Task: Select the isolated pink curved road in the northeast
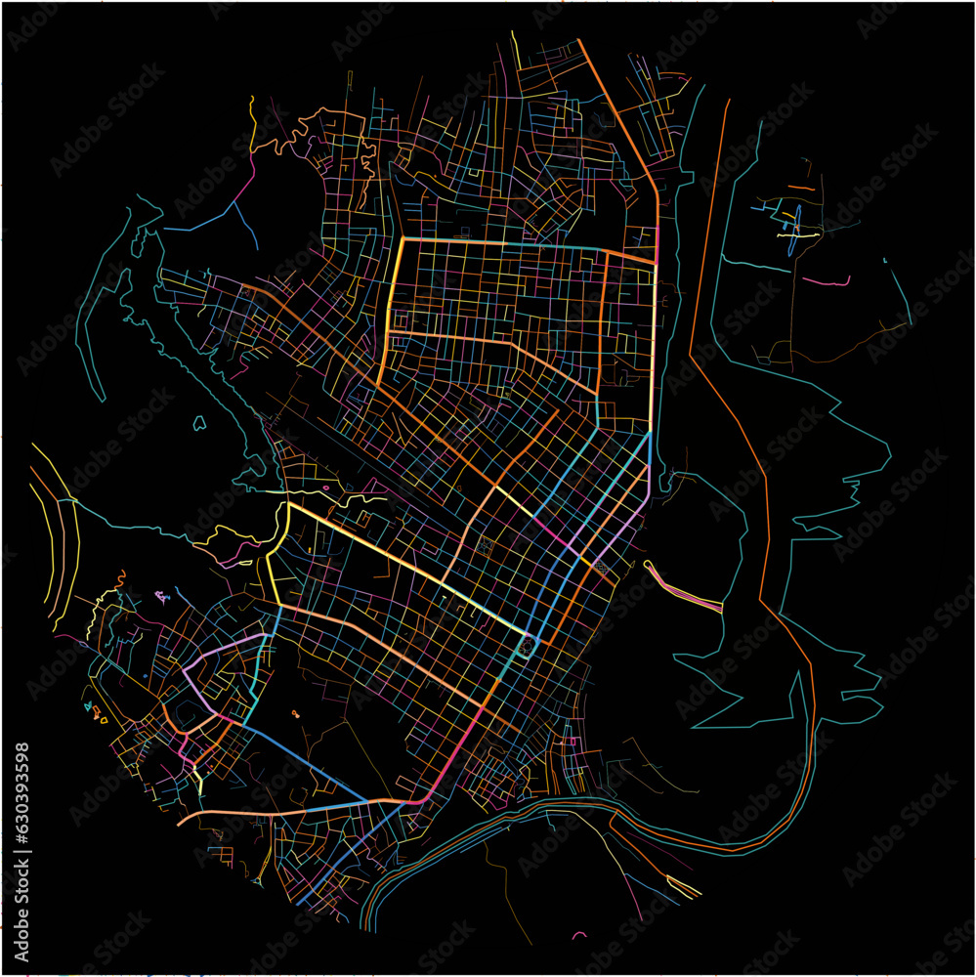(x=827, y=281)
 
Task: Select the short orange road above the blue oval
(x=801, y=187)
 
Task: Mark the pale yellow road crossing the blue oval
(x=796, y=234)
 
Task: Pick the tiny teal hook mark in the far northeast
(x=884, y=261)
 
